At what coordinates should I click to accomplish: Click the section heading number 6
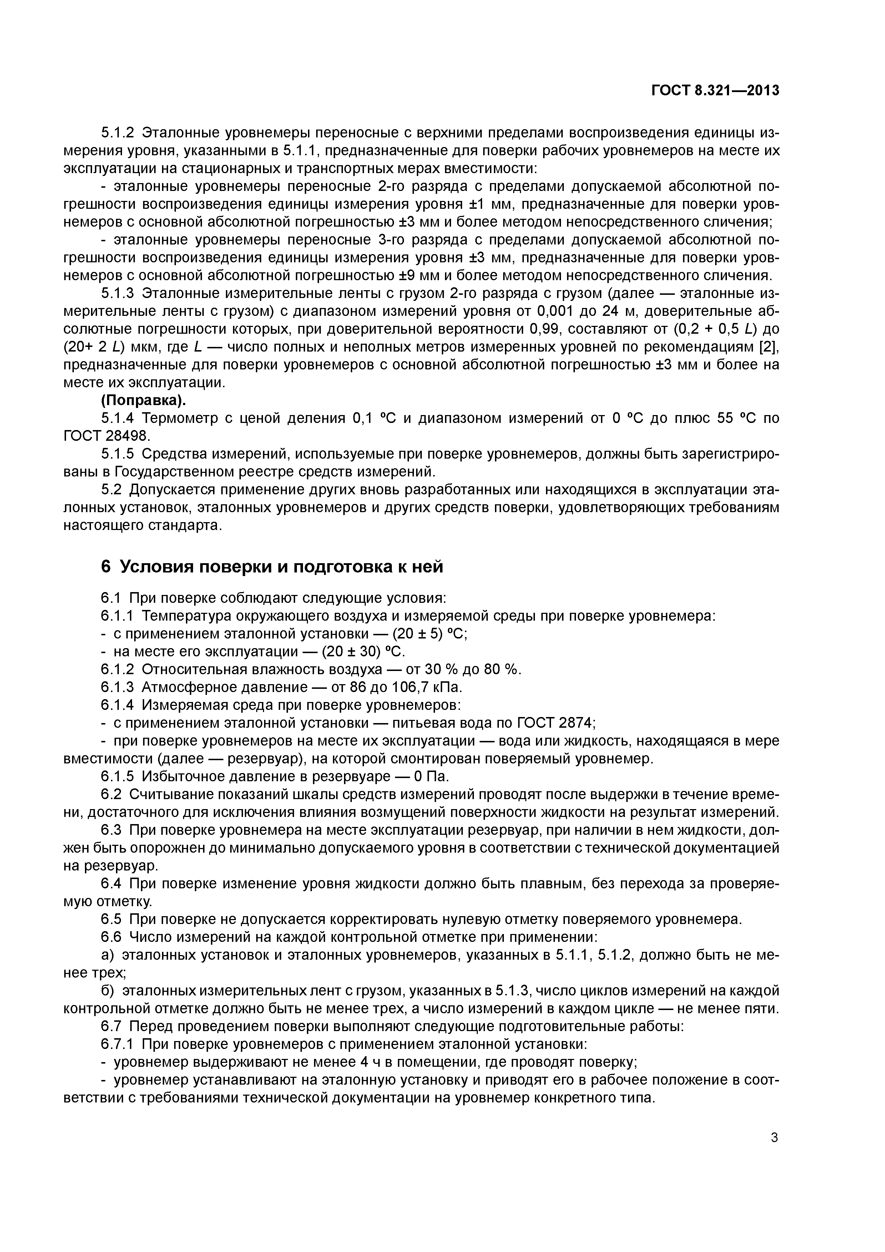[106, 567]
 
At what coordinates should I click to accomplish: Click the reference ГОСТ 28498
[106, 436]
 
